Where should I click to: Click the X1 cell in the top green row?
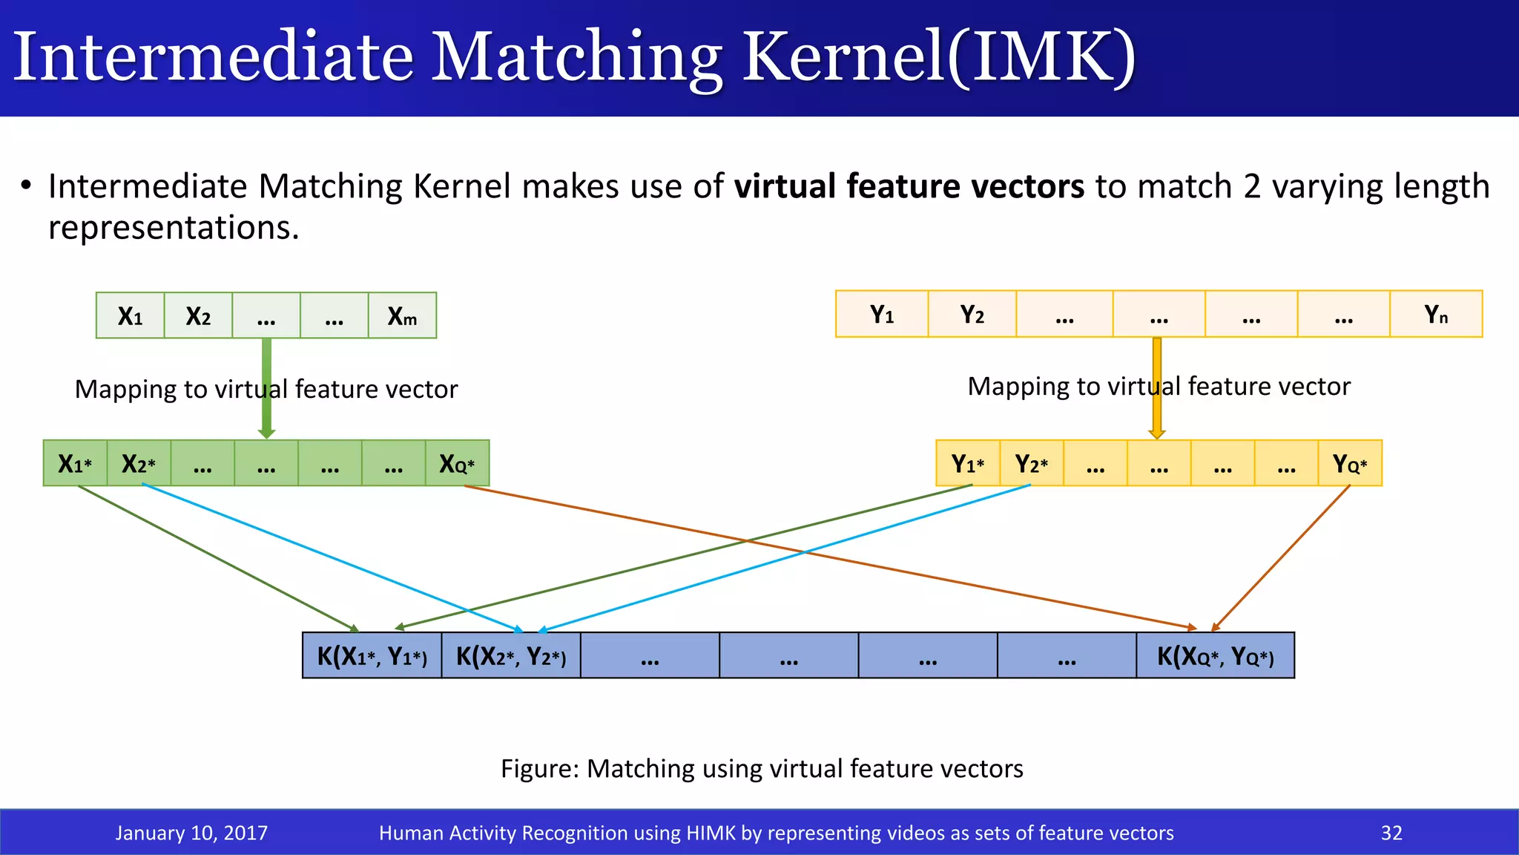[x=130, y=316]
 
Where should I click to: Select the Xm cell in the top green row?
[x=402, y=316]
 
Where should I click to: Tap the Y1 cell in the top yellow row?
[x=882, y=315]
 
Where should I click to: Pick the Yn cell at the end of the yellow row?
[x=1436, y=315]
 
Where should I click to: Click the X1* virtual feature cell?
[x=75, y=464]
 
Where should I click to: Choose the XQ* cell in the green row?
[x=457, y=464]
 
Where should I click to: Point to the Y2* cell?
[x=1032, y=464]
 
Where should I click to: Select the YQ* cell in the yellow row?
[x=1350, y=464]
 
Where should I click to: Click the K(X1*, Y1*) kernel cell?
[x=372, y=656]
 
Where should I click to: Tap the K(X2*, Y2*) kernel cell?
[x=511, y=656]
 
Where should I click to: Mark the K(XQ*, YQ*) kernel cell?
[x=1216, y=656]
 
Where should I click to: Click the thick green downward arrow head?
[x=267, y=433]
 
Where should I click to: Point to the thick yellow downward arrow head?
[x=1157, y=433]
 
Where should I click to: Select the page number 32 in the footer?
[x=1391, y=833]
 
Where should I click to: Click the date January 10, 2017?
[x=191, y=833]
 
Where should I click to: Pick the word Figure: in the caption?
[x=539, y=769]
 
